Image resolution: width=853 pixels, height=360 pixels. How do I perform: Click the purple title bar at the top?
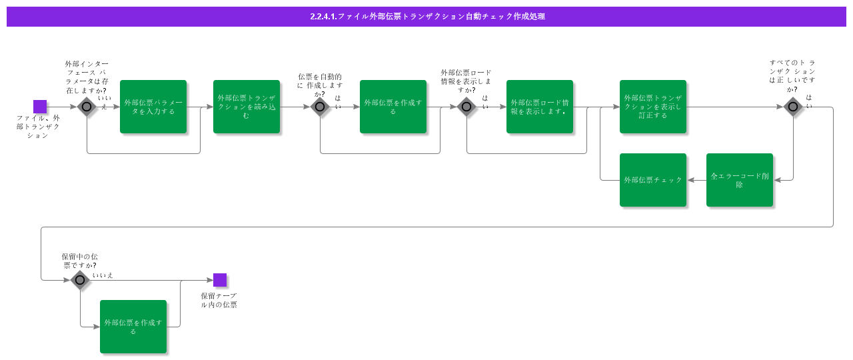click(426, 17)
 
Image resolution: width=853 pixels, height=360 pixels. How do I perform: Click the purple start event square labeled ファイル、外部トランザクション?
click(40, 107)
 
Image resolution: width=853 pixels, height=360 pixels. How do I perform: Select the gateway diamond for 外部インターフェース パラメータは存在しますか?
click(87, 107)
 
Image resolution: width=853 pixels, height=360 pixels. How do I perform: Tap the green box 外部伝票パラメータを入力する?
click(153, 107)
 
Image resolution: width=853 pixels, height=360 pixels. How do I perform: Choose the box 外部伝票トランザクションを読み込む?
click(247, 107)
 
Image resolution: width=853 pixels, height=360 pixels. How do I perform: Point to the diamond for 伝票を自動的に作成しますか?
click(320, 107)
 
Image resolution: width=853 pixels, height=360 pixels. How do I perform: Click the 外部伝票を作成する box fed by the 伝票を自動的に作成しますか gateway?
click(393, 107)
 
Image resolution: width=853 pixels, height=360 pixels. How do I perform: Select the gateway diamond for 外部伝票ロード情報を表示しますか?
click(466, 107)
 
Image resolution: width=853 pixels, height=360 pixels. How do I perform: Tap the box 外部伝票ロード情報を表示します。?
click(540, 107)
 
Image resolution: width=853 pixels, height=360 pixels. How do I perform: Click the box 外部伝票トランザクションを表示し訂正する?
click(653, 107)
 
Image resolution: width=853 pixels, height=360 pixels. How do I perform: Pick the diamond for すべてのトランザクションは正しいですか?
click(793, 107)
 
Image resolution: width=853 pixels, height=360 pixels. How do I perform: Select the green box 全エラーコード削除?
click(740, 180)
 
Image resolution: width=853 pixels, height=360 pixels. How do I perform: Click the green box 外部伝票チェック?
click(653, 180)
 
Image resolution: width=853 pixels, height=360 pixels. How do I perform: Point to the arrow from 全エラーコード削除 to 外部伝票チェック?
click(696, 180)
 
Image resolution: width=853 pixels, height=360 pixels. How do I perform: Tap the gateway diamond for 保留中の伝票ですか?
click(80, 280)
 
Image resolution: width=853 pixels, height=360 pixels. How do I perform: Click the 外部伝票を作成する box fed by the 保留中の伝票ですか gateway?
click(133, 327)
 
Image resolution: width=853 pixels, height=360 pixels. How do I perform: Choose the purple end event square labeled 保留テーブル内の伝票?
click(220, 280)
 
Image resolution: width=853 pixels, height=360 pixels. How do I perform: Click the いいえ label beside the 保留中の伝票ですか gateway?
click(103, 275)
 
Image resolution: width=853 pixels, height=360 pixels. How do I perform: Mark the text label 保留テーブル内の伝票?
click(219, 300)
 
